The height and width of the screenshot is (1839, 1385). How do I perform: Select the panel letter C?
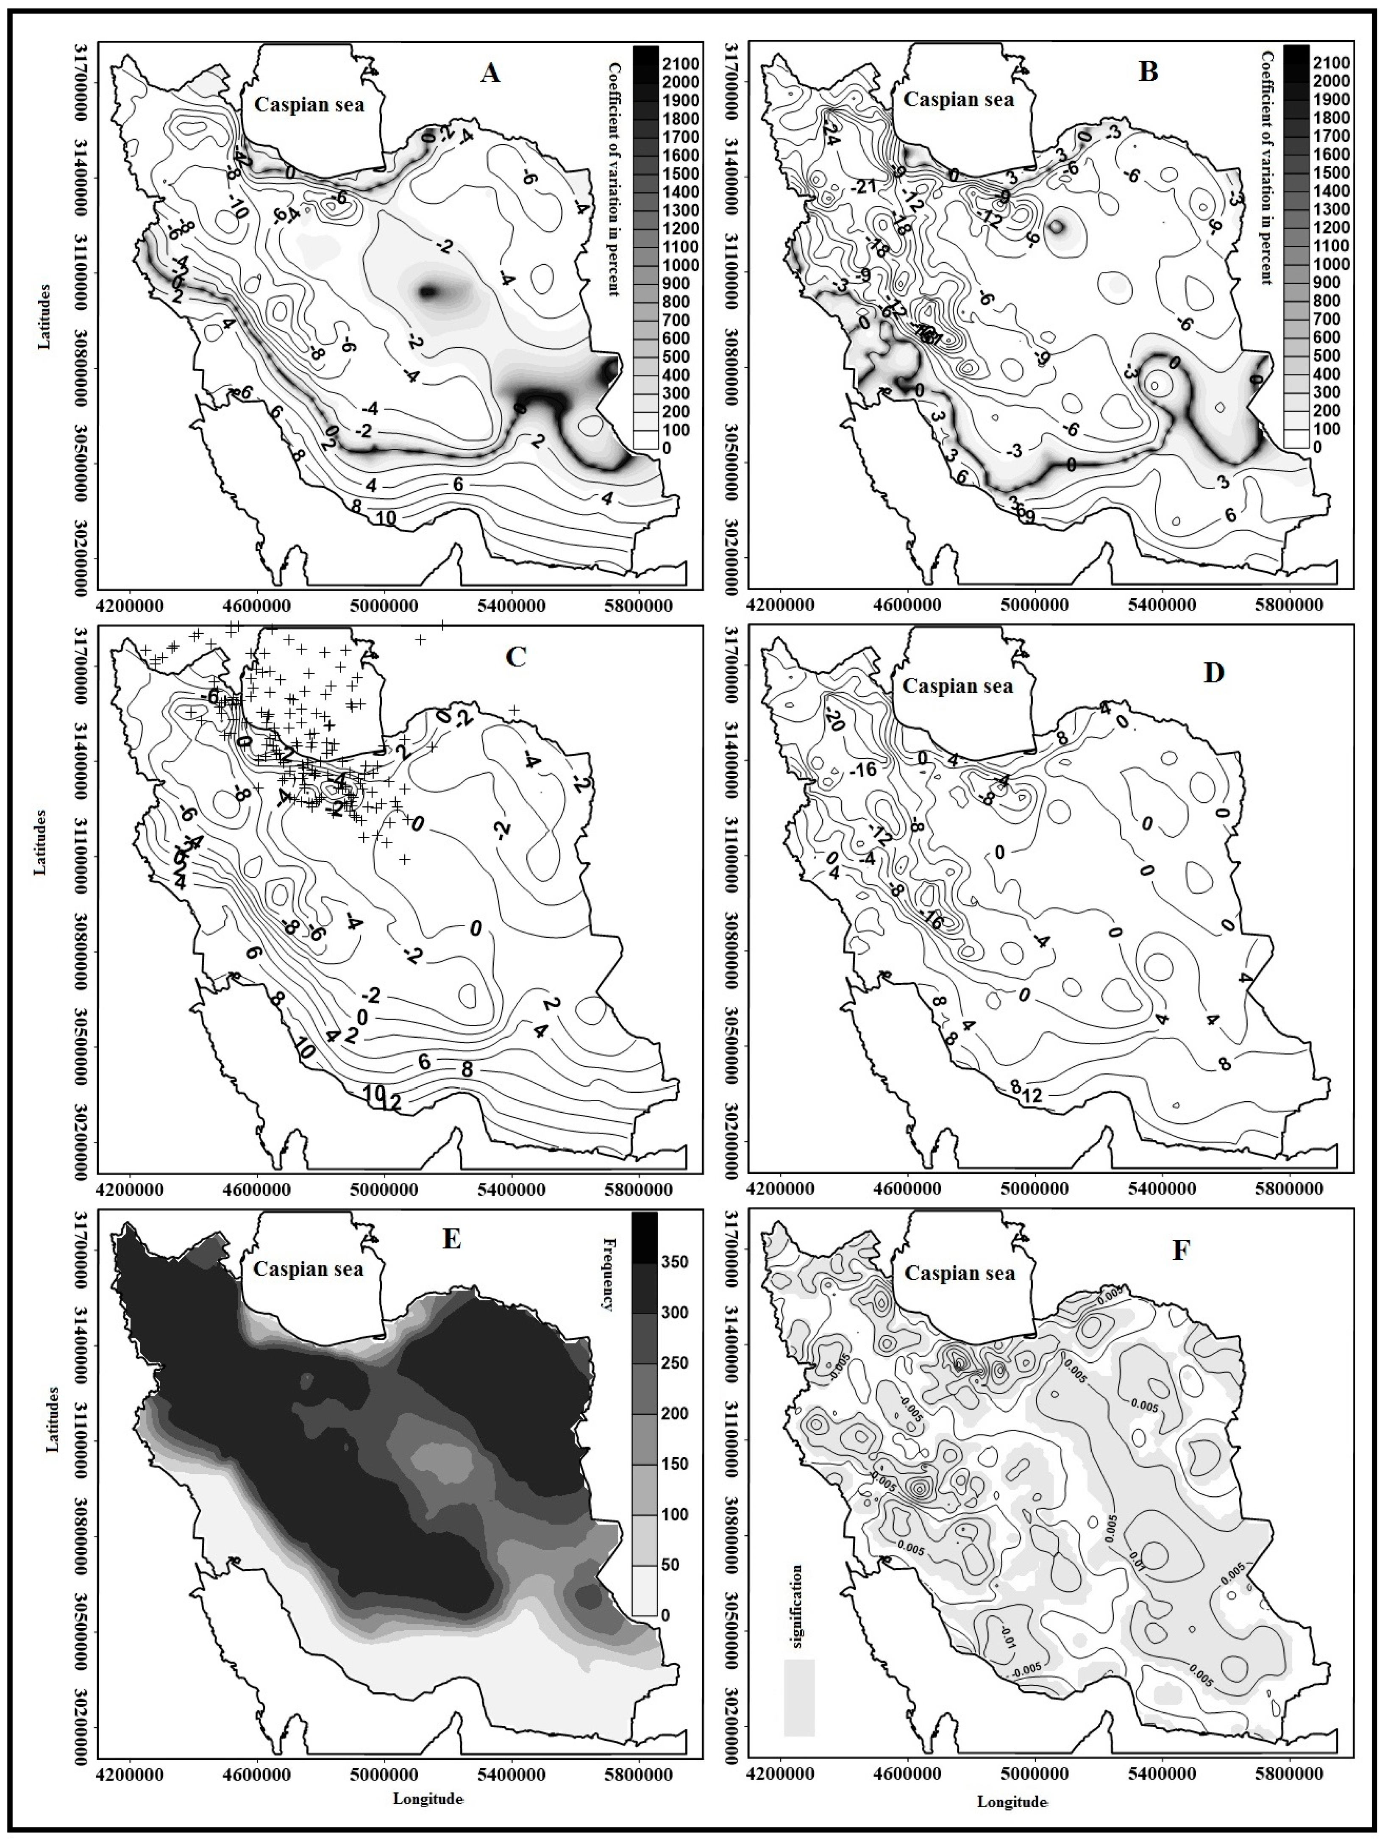pos(515,657)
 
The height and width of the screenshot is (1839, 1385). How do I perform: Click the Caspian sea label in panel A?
pos(309,106)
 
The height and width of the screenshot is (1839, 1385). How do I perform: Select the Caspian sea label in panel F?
pos(959,1273)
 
